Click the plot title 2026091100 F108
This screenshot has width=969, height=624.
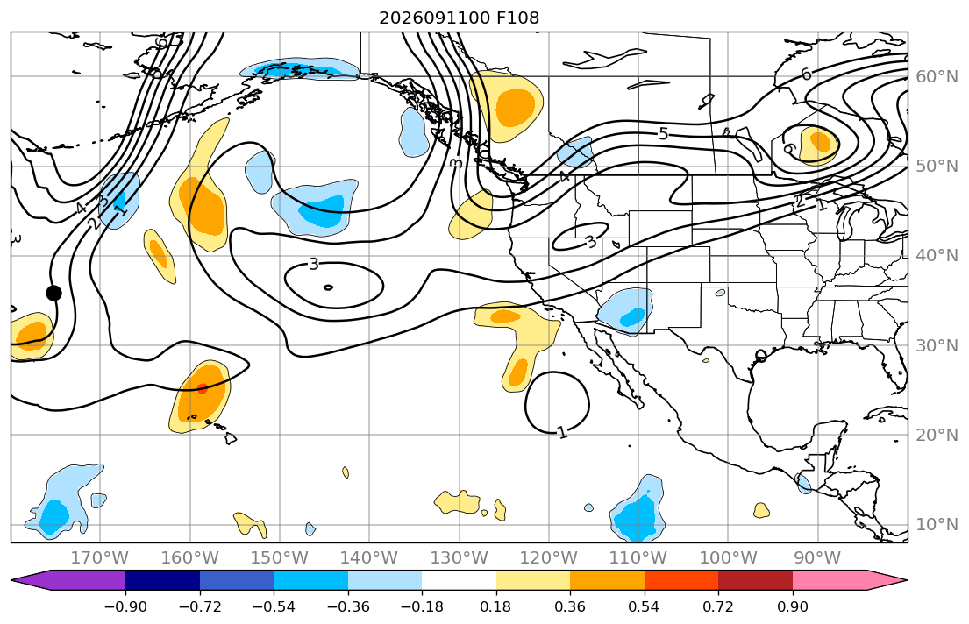tap(459, 18)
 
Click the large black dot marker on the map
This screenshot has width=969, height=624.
tap(53, 293)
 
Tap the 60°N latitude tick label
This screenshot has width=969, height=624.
tap(937, 76)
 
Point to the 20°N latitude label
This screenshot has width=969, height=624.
tap(937, 435)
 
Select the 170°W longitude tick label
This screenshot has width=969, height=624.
tap(99, 558)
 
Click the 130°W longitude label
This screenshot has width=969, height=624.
tap(459, 558)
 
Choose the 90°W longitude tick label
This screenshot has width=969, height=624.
tap(817, 558)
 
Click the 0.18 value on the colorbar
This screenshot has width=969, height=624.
tap(495, 606)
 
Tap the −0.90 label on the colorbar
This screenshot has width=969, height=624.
tap(125, 606)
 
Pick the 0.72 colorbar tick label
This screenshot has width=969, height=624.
tap(718, 606)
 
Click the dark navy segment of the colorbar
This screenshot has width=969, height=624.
tap(162, 581)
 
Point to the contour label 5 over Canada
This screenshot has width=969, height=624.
tap(663, 133)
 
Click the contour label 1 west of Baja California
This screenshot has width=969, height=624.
tap(562, 432)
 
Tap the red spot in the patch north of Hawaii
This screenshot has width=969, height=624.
tap(203, 388)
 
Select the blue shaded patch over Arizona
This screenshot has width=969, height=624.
tap(626, 311)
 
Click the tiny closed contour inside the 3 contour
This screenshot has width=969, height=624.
tap(328, 287)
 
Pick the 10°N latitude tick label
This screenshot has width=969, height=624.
tap(937, 525)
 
